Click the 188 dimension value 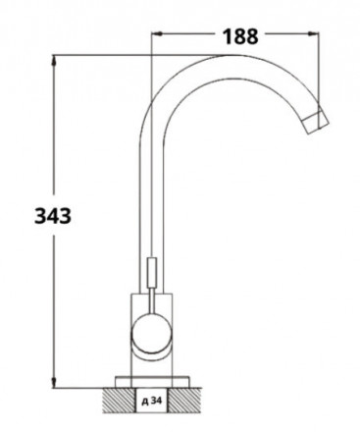tap(240, 36)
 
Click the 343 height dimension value tap(53, 216)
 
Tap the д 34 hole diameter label tap(152, 401)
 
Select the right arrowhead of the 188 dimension tap(313, 32)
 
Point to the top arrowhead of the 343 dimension tap(54, 61)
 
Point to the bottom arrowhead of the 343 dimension tap(54, 382)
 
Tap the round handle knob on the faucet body tap(151, 333)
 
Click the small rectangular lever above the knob tap(151, 273)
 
